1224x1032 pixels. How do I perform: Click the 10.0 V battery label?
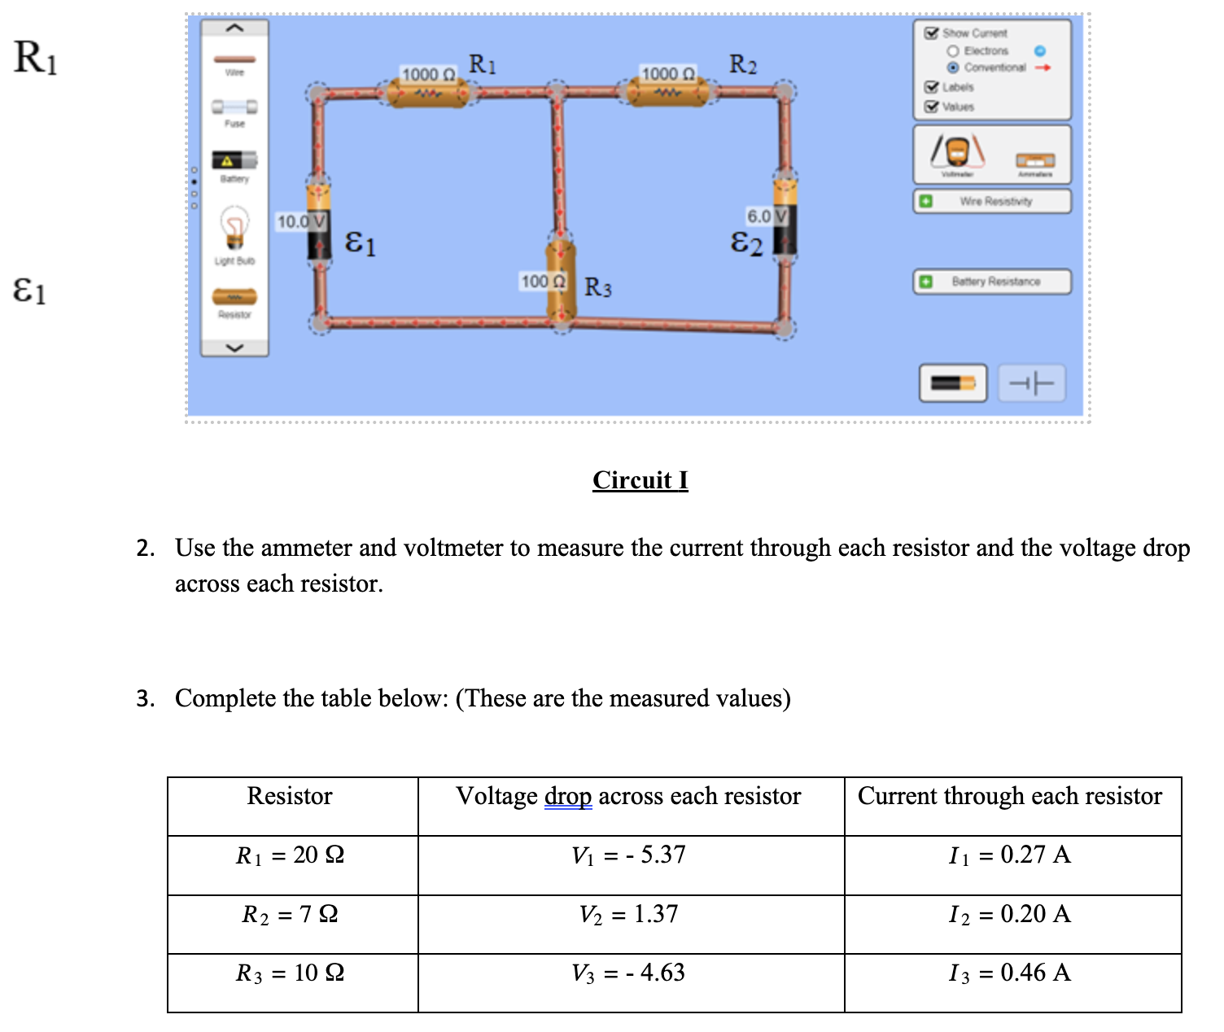point(301,221)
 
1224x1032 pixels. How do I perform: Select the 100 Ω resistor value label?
point(543,282)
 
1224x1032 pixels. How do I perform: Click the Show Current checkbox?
point(931,33)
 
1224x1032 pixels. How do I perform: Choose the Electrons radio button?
point(952,50)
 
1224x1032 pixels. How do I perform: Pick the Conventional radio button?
point(952,68)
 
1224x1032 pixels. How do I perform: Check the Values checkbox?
point(931,107)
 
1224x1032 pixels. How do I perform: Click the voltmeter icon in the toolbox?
point(958,152)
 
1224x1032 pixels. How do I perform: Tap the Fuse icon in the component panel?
point(234,107)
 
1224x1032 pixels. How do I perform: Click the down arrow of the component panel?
point(234,348)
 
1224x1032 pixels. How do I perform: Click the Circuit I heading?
point(640,480)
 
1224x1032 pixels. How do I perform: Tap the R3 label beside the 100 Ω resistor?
point(598,287)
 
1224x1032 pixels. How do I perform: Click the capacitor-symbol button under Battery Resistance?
point(1031,383)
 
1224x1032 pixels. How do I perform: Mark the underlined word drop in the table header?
point(567,796)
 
